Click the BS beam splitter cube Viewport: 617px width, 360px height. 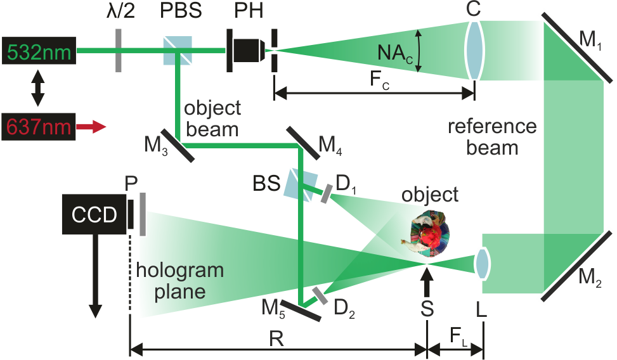299,184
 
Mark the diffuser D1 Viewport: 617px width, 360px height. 325,194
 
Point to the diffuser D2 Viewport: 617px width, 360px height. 319,296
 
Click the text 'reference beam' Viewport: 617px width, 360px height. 491,137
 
